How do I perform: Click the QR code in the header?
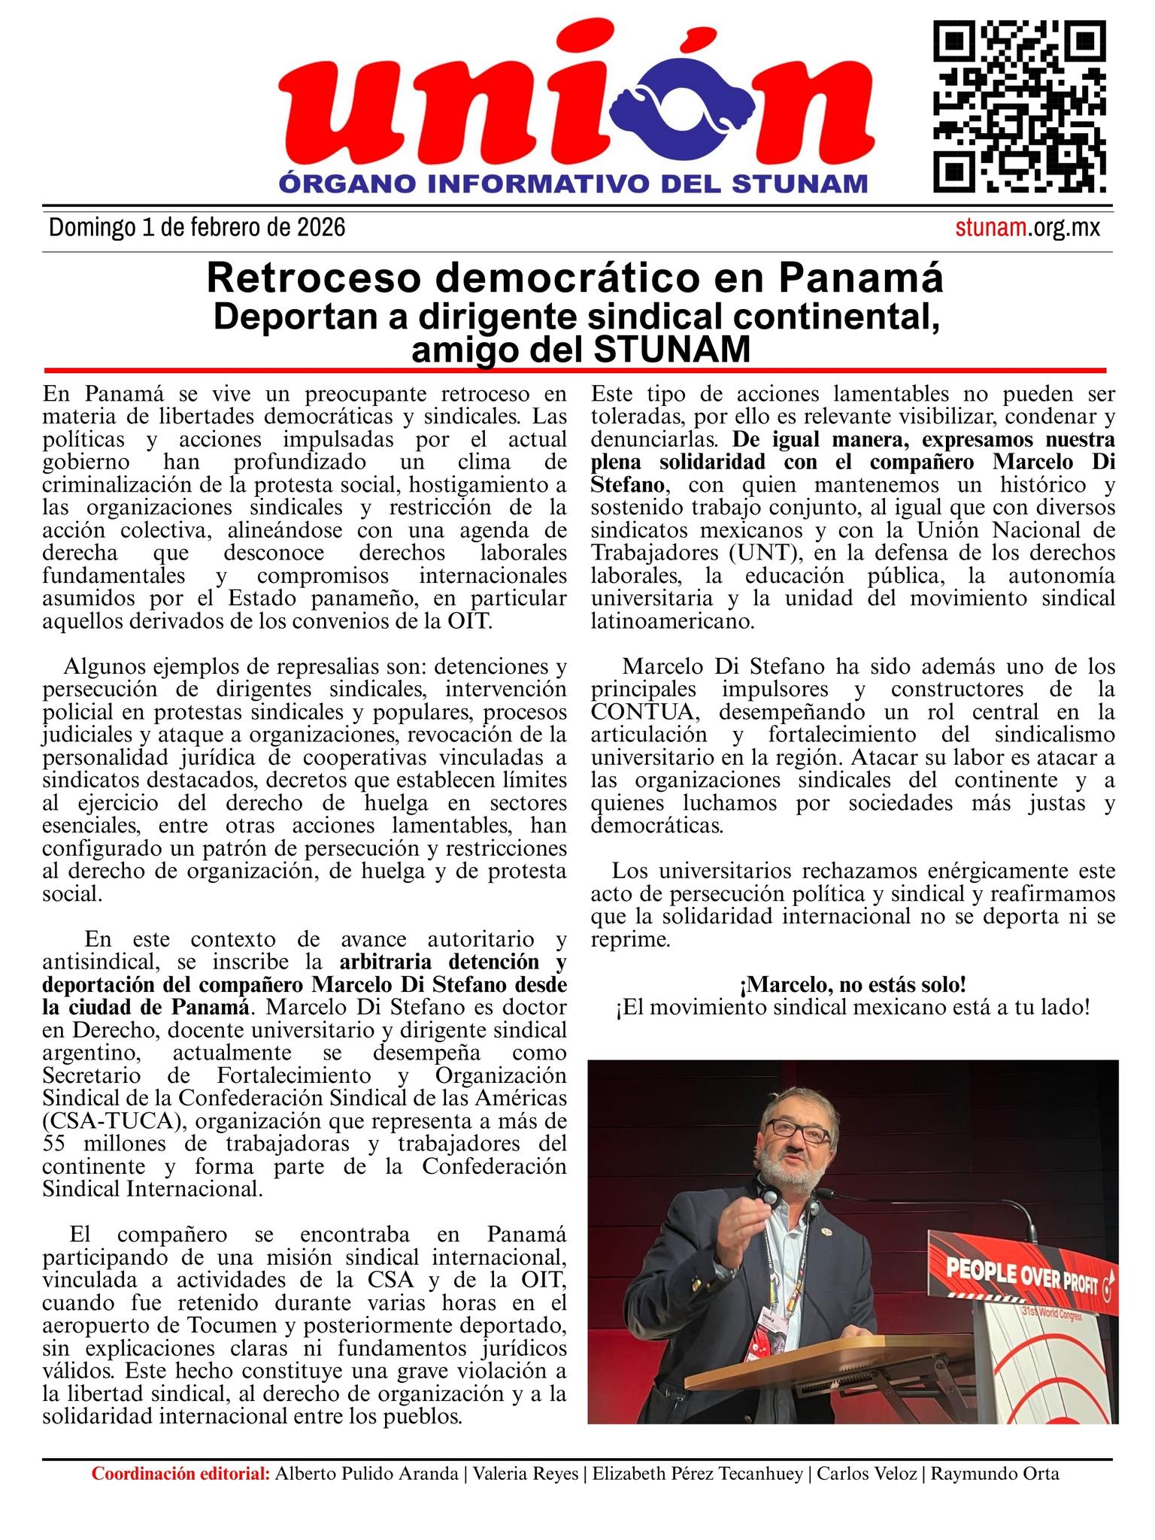pos(1020,107)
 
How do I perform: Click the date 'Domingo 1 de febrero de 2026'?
pos(197,228)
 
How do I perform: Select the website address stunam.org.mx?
pos(1027,228)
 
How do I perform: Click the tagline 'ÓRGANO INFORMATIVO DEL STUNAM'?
pos(573,183)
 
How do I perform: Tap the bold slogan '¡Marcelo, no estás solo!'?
pos(853,984)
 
